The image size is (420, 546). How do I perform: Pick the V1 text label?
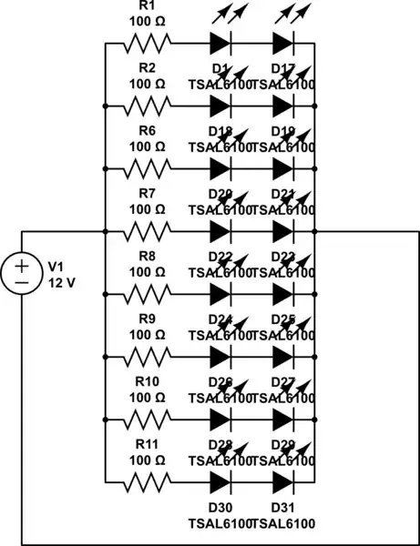56,266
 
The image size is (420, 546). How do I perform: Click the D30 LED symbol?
220,483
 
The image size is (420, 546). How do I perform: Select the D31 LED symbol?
283,483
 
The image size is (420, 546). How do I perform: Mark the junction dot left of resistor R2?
106,106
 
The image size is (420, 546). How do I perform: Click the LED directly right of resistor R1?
220,43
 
